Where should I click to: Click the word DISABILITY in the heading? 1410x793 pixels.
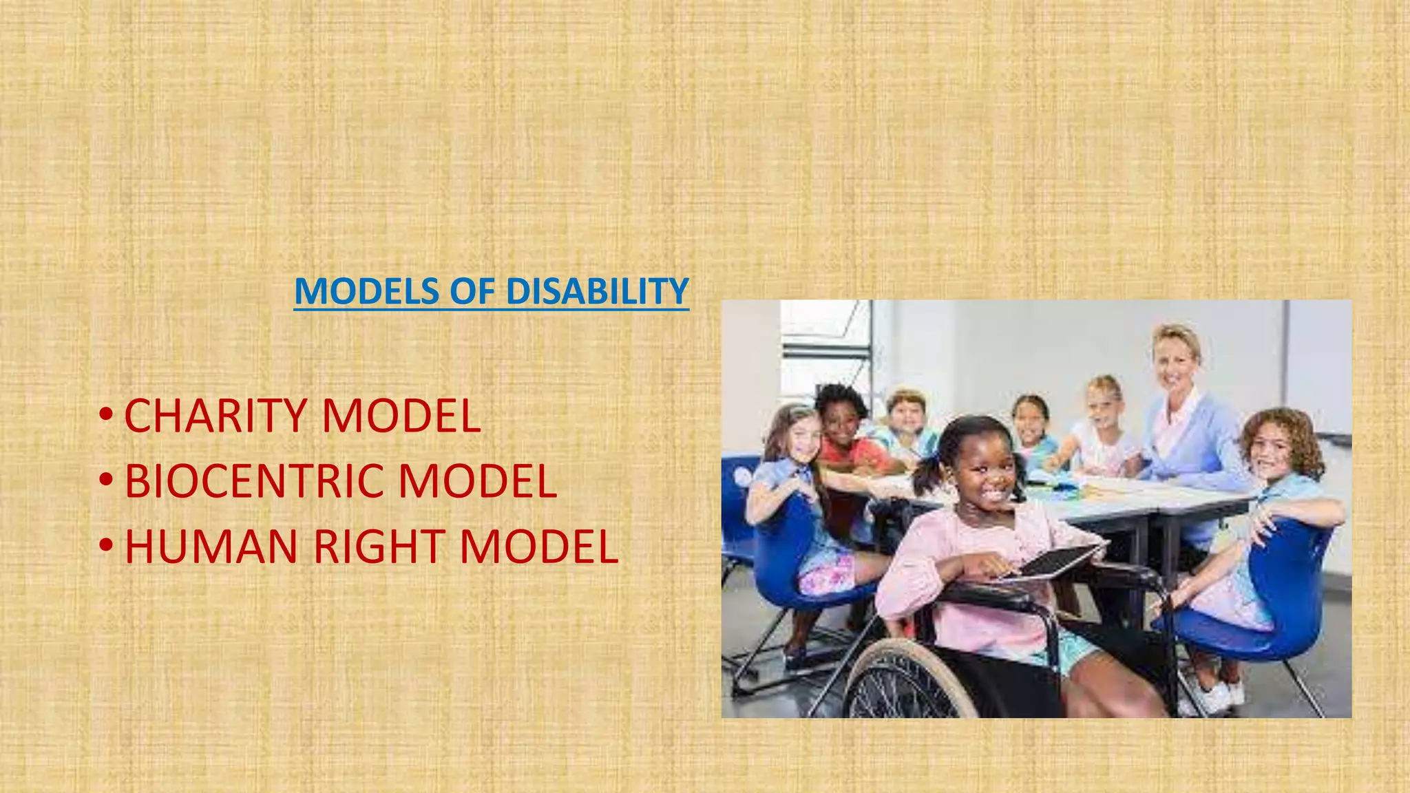[x=597, y=291]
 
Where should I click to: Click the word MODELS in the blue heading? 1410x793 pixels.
[x=367, y=291]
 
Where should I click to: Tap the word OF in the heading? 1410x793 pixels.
[x=472, y=291]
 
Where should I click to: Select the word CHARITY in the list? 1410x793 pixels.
[x=215, y=416]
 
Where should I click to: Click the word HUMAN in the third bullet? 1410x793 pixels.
[x=211, y=547]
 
